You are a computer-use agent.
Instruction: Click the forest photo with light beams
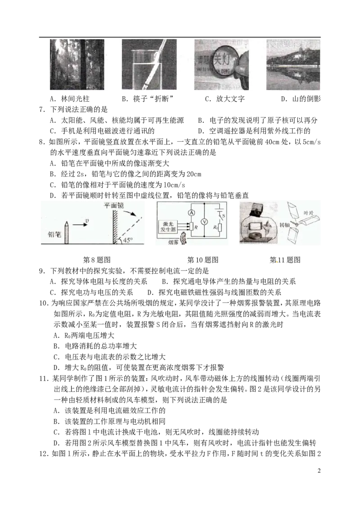coord(76,64)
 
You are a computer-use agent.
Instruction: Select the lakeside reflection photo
coord(294,64)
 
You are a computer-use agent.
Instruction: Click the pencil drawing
coord(67,232)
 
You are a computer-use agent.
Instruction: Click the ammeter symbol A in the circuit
coord(191,212)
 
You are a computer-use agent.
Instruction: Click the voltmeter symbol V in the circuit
coord(203,221)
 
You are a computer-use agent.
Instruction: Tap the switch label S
coord(223,216)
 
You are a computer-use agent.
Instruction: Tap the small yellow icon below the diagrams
coord(277,263)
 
